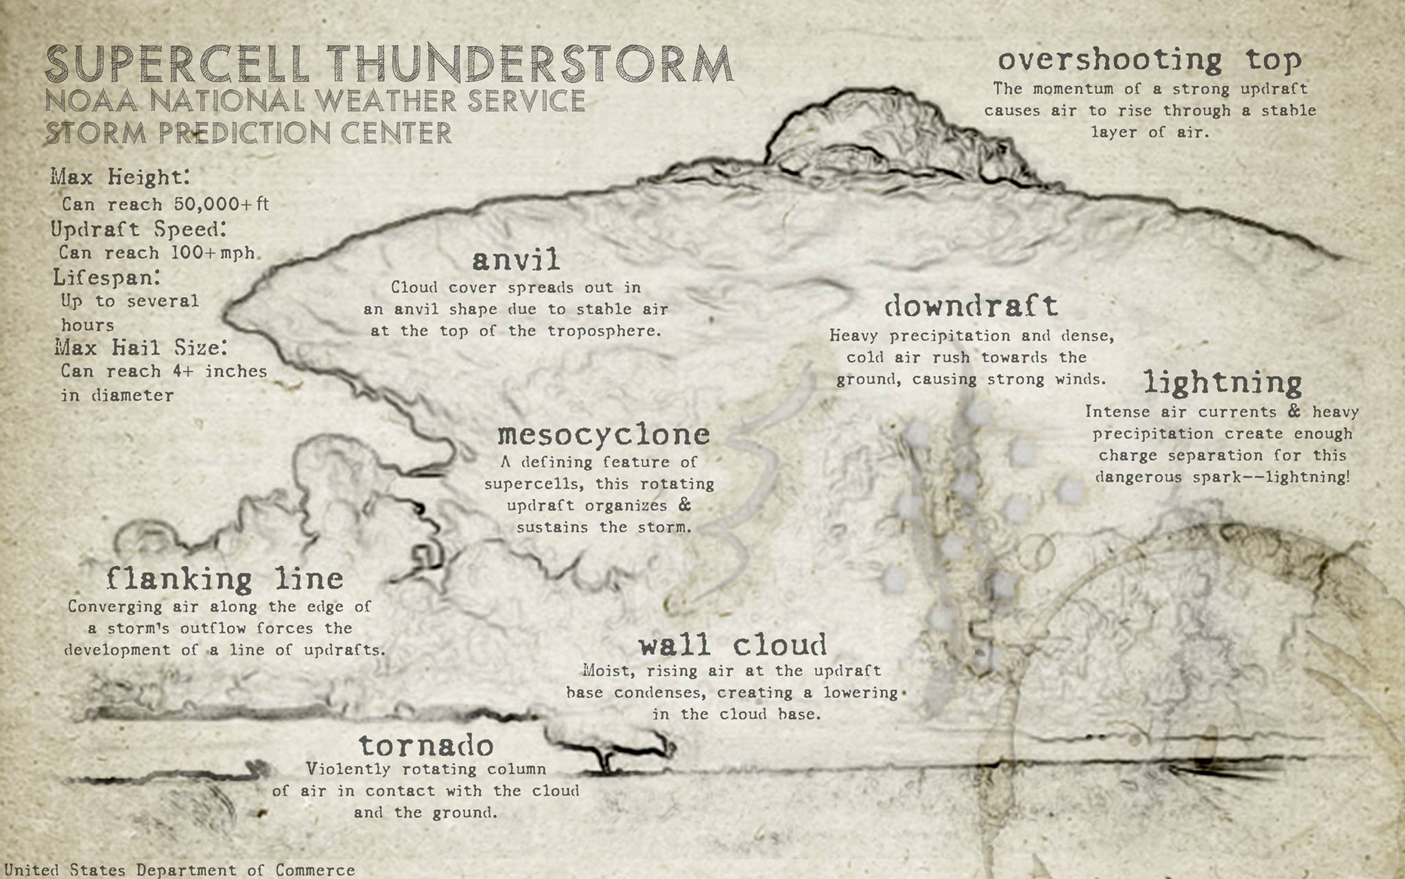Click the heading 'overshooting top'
[1149, 60]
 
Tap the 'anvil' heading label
[516, 260]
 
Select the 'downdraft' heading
[971, 305]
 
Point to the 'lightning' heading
[1223, 383]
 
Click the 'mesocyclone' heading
[603, 434]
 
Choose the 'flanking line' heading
[225, 579]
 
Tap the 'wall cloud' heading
[732, 645]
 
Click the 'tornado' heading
[426, 745]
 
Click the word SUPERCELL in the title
[177, 64]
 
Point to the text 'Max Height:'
[120, 177]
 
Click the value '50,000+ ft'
[221, 204]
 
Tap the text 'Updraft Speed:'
[139, 228]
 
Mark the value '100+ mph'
[213, 253]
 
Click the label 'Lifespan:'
[107, 277]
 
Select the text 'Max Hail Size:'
[141, 347]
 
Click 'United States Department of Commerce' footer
[180, 870]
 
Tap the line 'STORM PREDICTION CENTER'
[248, 132]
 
